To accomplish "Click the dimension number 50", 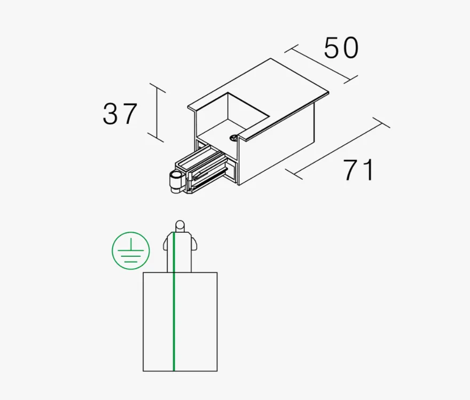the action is (x=341, y=48).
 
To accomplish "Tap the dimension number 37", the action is (x=120, y=114).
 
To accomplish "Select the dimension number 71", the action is (x=359, y=170).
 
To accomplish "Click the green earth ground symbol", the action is (x=131, y=250).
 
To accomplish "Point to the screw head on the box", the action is (x=233, y=138).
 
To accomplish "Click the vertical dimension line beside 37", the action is (x=157, y=113).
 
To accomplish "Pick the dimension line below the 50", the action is (x=321, y=64).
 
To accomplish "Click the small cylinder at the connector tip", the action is (x=174, y=181).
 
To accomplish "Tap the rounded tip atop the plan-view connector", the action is (x=180, y=226).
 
